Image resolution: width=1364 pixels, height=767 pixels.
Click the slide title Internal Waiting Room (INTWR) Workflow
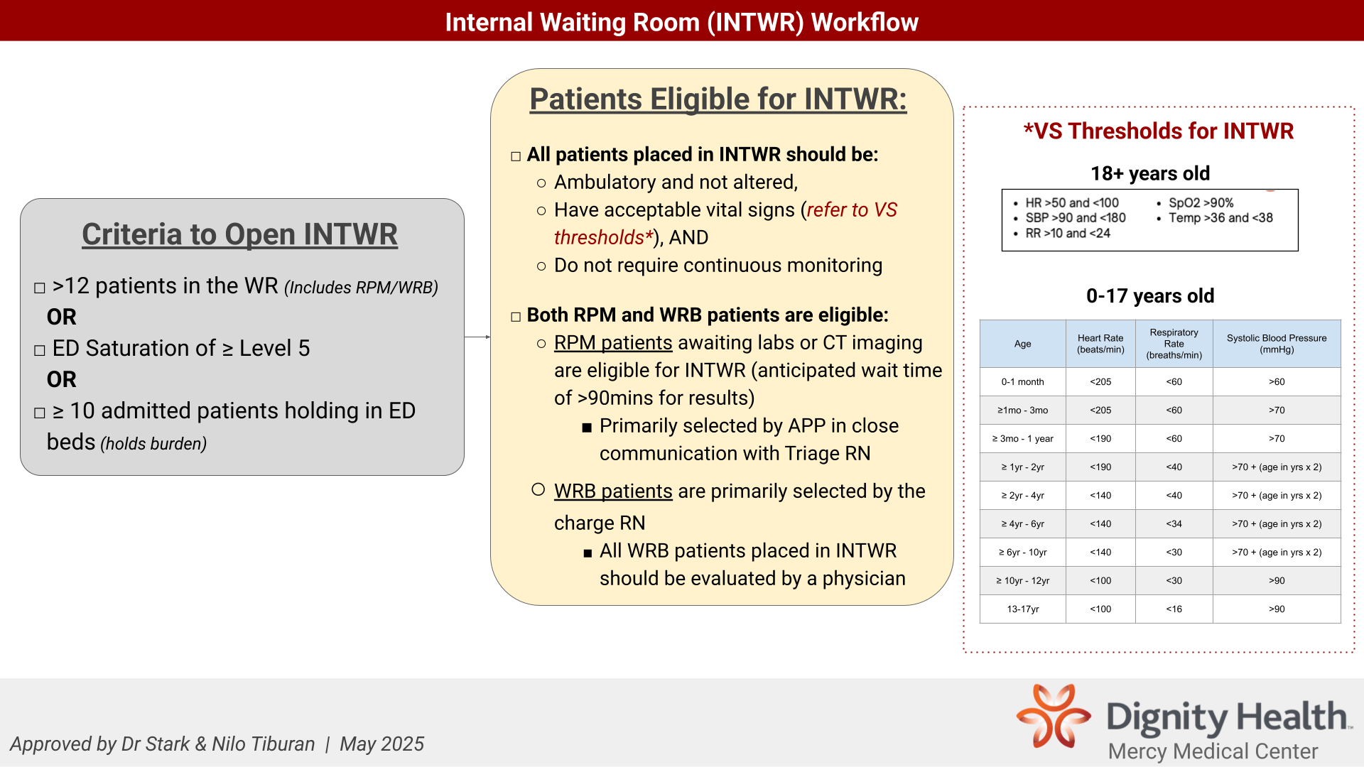click(681, 22)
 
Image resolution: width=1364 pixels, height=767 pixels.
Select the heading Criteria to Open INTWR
click(239, 234)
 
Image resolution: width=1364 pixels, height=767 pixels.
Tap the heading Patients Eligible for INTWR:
click(718, 99)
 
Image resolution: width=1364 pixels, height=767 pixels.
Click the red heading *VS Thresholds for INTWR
click(1159, 131)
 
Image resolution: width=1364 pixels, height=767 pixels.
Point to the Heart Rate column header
click(1100, 344)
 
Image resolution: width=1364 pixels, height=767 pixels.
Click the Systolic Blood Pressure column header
click(1277, 344)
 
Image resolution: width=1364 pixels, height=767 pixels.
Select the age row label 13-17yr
click(1023, 609)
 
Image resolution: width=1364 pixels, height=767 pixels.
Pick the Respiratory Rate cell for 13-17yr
click(1174, 609)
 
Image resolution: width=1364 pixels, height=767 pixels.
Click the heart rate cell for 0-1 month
click(1100, 382)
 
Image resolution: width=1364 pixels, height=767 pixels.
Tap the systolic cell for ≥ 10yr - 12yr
click(1277, 581)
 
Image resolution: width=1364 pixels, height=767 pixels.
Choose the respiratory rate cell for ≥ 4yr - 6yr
click(1174, 524)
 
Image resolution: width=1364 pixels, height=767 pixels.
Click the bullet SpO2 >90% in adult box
click(1201, 203)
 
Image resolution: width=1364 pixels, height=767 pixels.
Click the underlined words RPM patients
click(613, 343)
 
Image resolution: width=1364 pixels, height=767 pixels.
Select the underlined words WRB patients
click(613, 491)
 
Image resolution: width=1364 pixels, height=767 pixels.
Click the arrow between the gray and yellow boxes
click(477, 337)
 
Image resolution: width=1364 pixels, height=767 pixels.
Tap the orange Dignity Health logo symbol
click(1054, 716)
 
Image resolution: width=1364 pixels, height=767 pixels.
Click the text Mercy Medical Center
click(1213, 751)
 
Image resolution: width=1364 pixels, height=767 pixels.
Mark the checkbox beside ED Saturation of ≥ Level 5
click(40, 350)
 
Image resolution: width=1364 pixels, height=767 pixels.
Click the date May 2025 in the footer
click(381, 744)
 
